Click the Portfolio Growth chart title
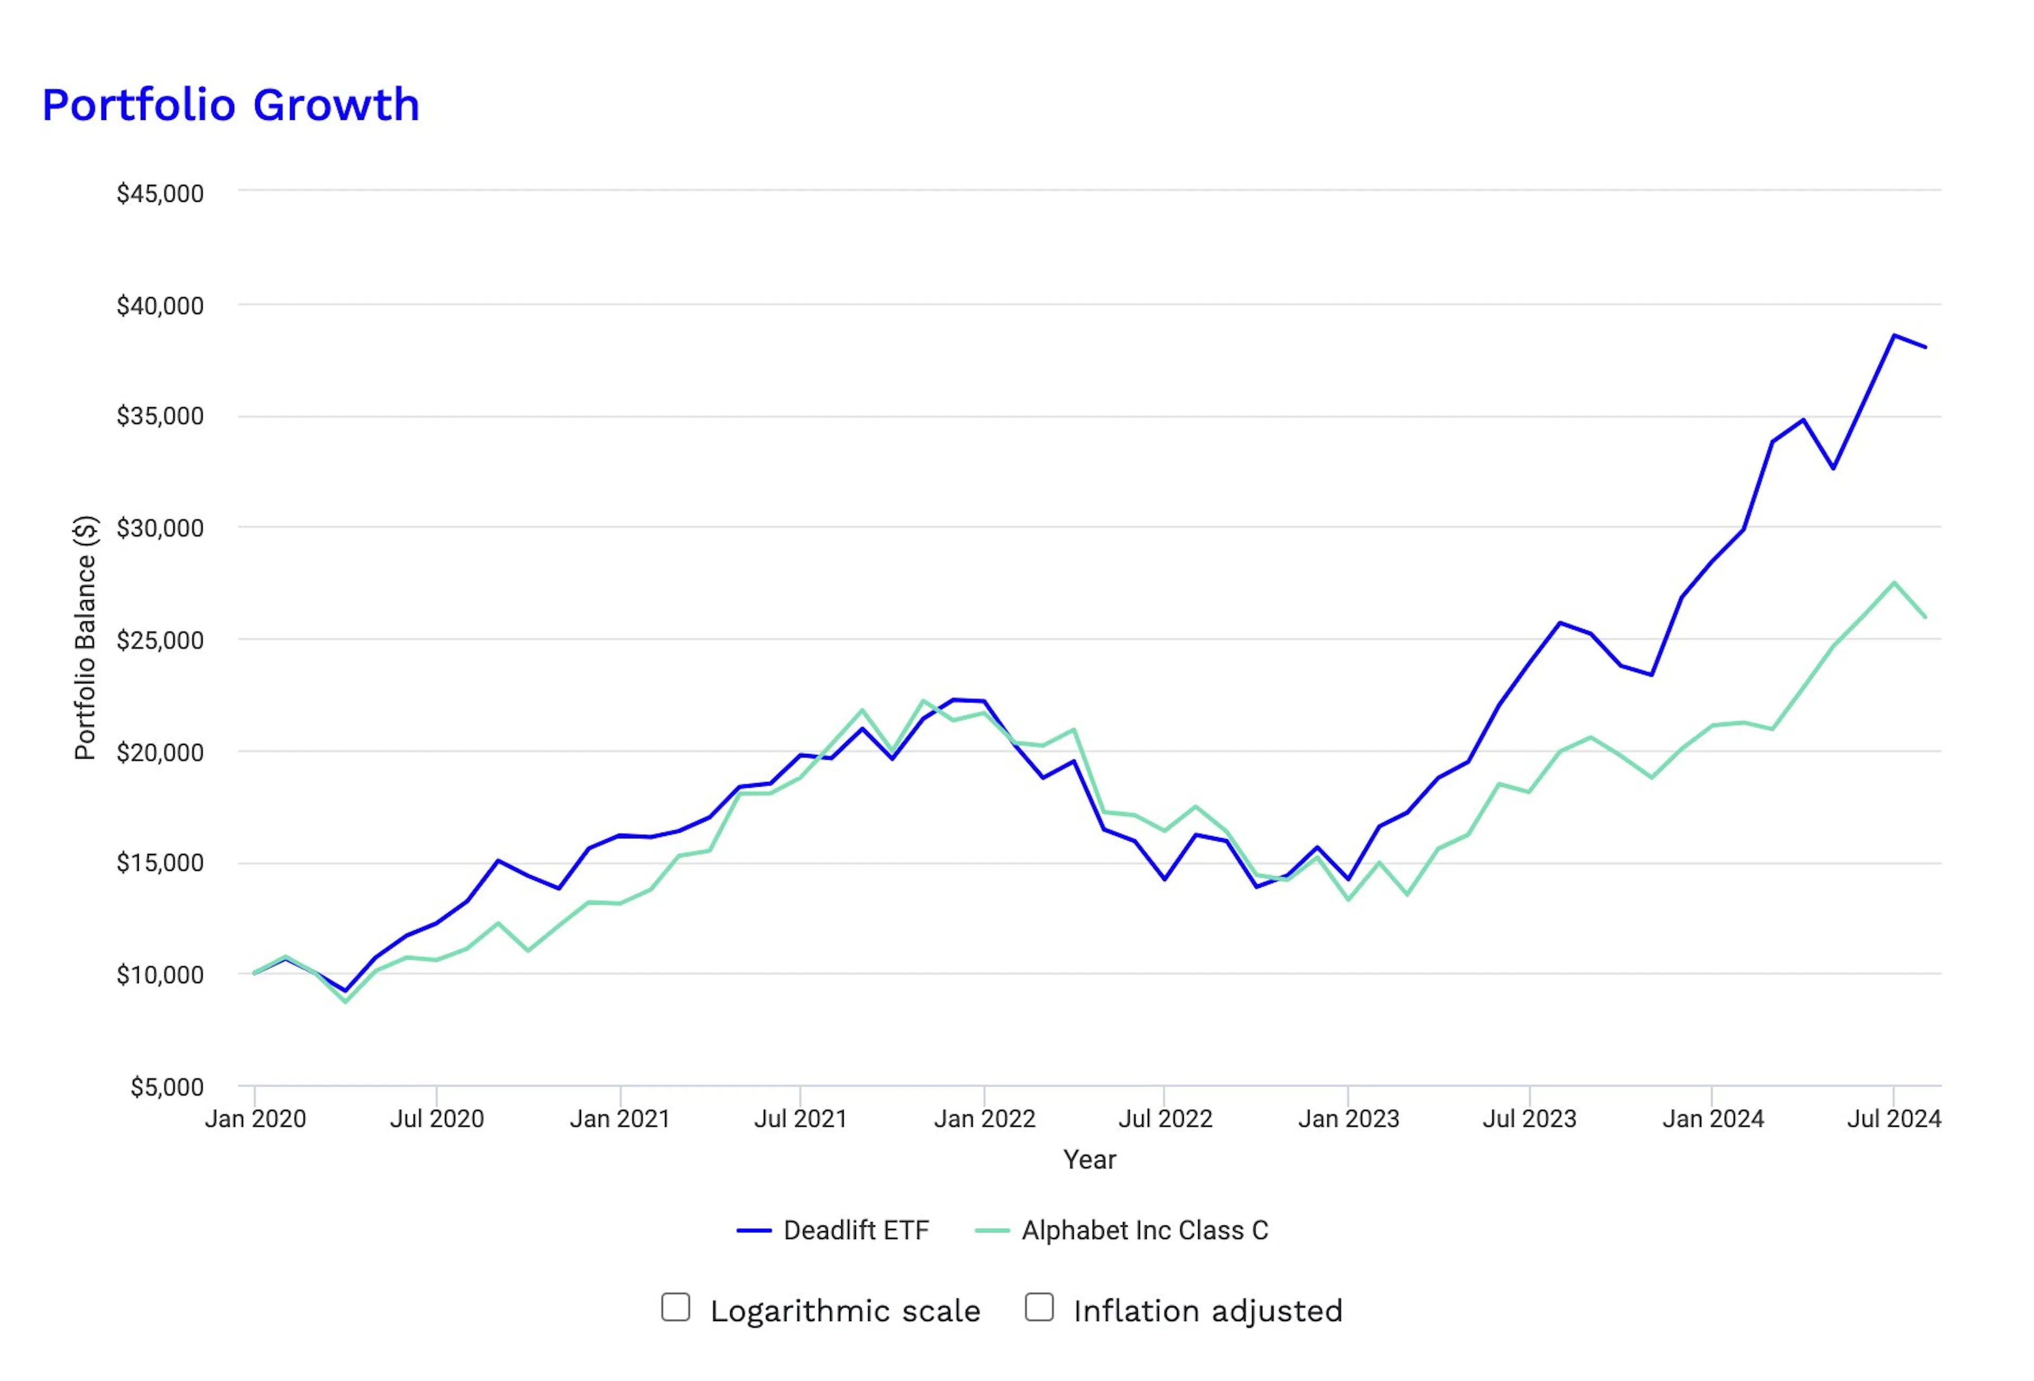[x=231, y=105]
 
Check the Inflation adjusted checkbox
[x=1039, y=1307]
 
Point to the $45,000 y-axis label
[x=160, y=193]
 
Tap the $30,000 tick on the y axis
[x=160, y=528]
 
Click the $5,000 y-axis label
[x=166, y=1087]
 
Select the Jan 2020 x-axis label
[x=255, y=1118]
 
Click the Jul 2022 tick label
[x=1165, y=1118]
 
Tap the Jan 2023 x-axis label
[x=1348, y=1118]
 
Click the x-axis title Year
[x=1090, y=1160]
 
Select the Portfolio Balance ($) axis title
[x=85, y=637]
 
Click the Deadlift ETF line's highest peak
[x=1894, y=335]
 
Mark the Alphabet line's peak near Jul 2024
[x=1894, y=583]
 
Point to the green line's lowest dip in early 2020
[x=346, y=1001]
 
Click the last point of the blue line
[x=1925, y=348]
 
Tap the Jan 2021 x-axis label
[x=620, y=1118]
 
